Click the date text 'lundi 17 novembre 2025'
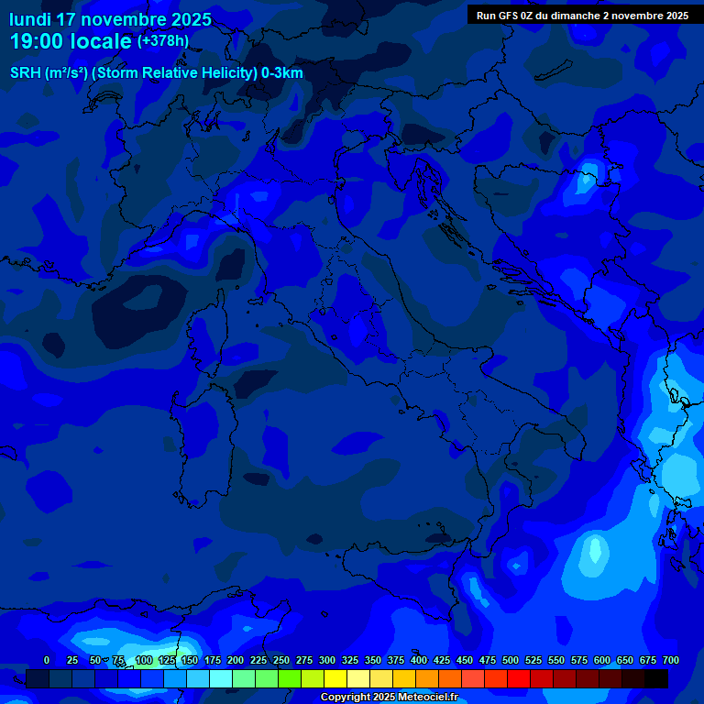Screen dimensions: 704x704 click(x=110, y=19)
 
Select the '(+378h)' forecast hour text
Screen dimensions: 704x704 click(x=163, y=41)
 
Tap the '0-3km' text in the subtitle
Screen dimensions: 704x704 click(x=282, y=73)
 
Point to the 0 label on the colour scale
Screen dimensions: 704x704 click(x=47, y=660)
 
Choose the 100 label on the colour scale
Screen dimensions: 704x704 click(x=144, y=660)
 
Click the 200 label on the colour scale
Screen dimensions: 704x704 click(x=236, y=660)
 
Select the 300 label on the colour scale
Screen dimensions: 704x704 click(x=327, y=660)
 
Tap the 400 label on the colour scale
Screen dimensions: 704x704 click(x=419, y=660)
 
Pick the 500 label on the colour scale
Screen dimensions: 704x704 click(x=511, y=660)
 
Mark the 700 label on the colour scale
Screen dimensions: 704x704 click(x=671, y=660)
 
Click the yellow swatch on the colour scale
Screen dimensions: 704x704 click(x=335, y=679)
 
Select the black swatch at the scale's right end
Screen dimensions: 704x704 click(x=656, y=679)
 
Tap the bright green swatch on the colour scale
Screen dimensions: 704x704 click(x=290, y=679)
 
